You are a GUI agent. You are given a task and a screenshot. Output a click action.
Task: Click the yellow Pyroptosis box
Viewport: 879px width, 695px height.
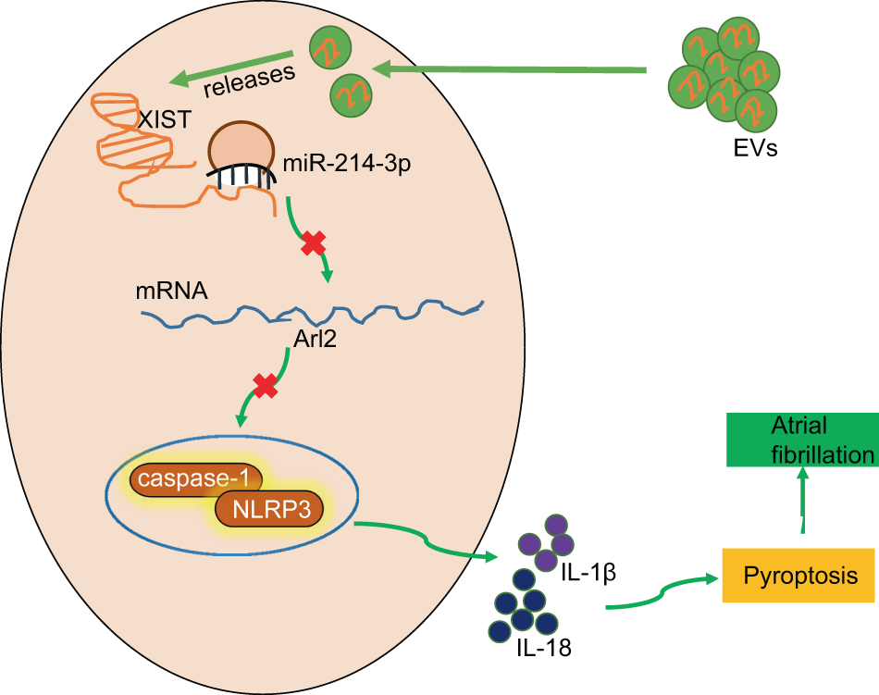click(799, 575)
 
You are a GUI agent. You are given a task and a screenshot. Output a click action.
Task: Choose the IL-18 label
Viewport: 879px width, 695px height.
click(541, 647)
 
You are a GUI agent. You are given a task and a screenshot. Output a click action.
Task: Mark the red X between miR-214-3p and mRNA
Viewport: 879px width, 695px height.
click(314, 243)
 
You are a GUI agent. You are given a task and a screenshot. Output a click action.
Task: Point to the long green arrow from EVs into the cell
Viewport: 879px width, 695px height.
click(509, 68)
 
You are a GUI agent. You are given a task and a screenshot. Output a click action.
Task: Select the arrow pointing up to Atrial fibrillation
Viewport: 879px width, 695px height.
click(802, 500)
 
